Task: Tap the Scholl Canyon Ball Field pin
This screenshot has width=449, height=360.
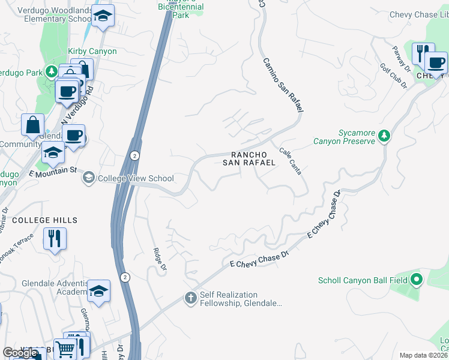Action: pyautogui.click(x=417, y=280)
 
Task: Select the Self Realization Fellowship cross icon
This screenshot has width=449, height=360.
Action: pyautogui.click(x=190, y=298)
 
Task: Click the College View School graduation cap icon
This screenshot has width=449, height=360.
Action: pyautogui.click(x=89, y=178)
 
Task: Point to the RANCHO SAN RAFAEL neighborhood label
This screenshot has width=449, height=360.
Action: pyautogui.click(x=249, y=158)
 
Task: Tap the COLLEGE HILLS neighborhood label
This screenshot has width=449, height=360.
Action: pyautogui.click(x=45, y=220)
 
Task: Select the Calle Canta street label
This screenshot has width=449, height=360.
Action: pyautogui.click(x=290, y=161)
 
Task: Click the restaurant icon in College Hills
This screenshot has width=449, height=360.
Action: pyautogui.click(x=55, y=238)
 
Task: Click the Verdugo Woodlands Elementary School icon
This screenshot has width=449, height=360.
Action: pyautogui.click(x=103, y=17)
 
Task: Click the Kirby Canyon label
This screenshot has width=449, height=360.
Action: pyautogui.click(x=92, y=52)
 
